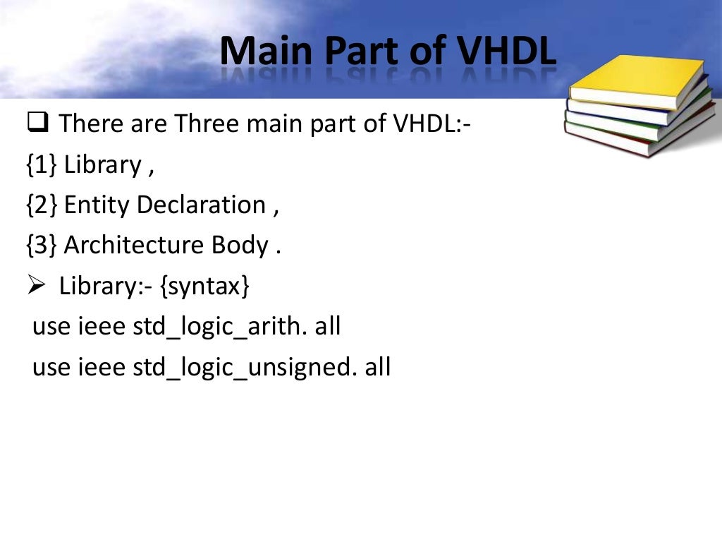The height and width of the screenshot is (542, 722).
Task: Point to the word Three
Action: point(207,124)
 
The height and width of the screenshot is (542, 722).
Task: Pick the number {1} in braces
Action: point(42,165)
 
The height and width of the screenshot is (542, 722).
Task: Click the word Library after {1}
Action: point(102,165)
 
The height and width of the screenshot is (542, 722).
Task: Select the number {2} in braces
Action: point(42,205)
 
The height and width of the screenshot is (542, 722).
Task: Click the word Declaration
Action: point(201,205)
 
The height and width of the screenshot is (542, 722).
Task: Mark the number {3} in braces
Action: point(42,246)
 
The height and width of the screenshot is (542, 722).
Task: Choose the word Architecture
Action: point(134,246)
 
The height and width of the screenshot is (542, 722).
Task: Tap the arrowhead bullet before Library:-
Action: point(37,287)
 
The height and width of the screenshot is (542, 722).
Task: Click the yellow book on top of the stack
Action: point(635,81)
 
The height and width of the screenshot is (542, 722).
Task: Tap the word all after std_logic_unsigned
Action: point(377,368)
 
